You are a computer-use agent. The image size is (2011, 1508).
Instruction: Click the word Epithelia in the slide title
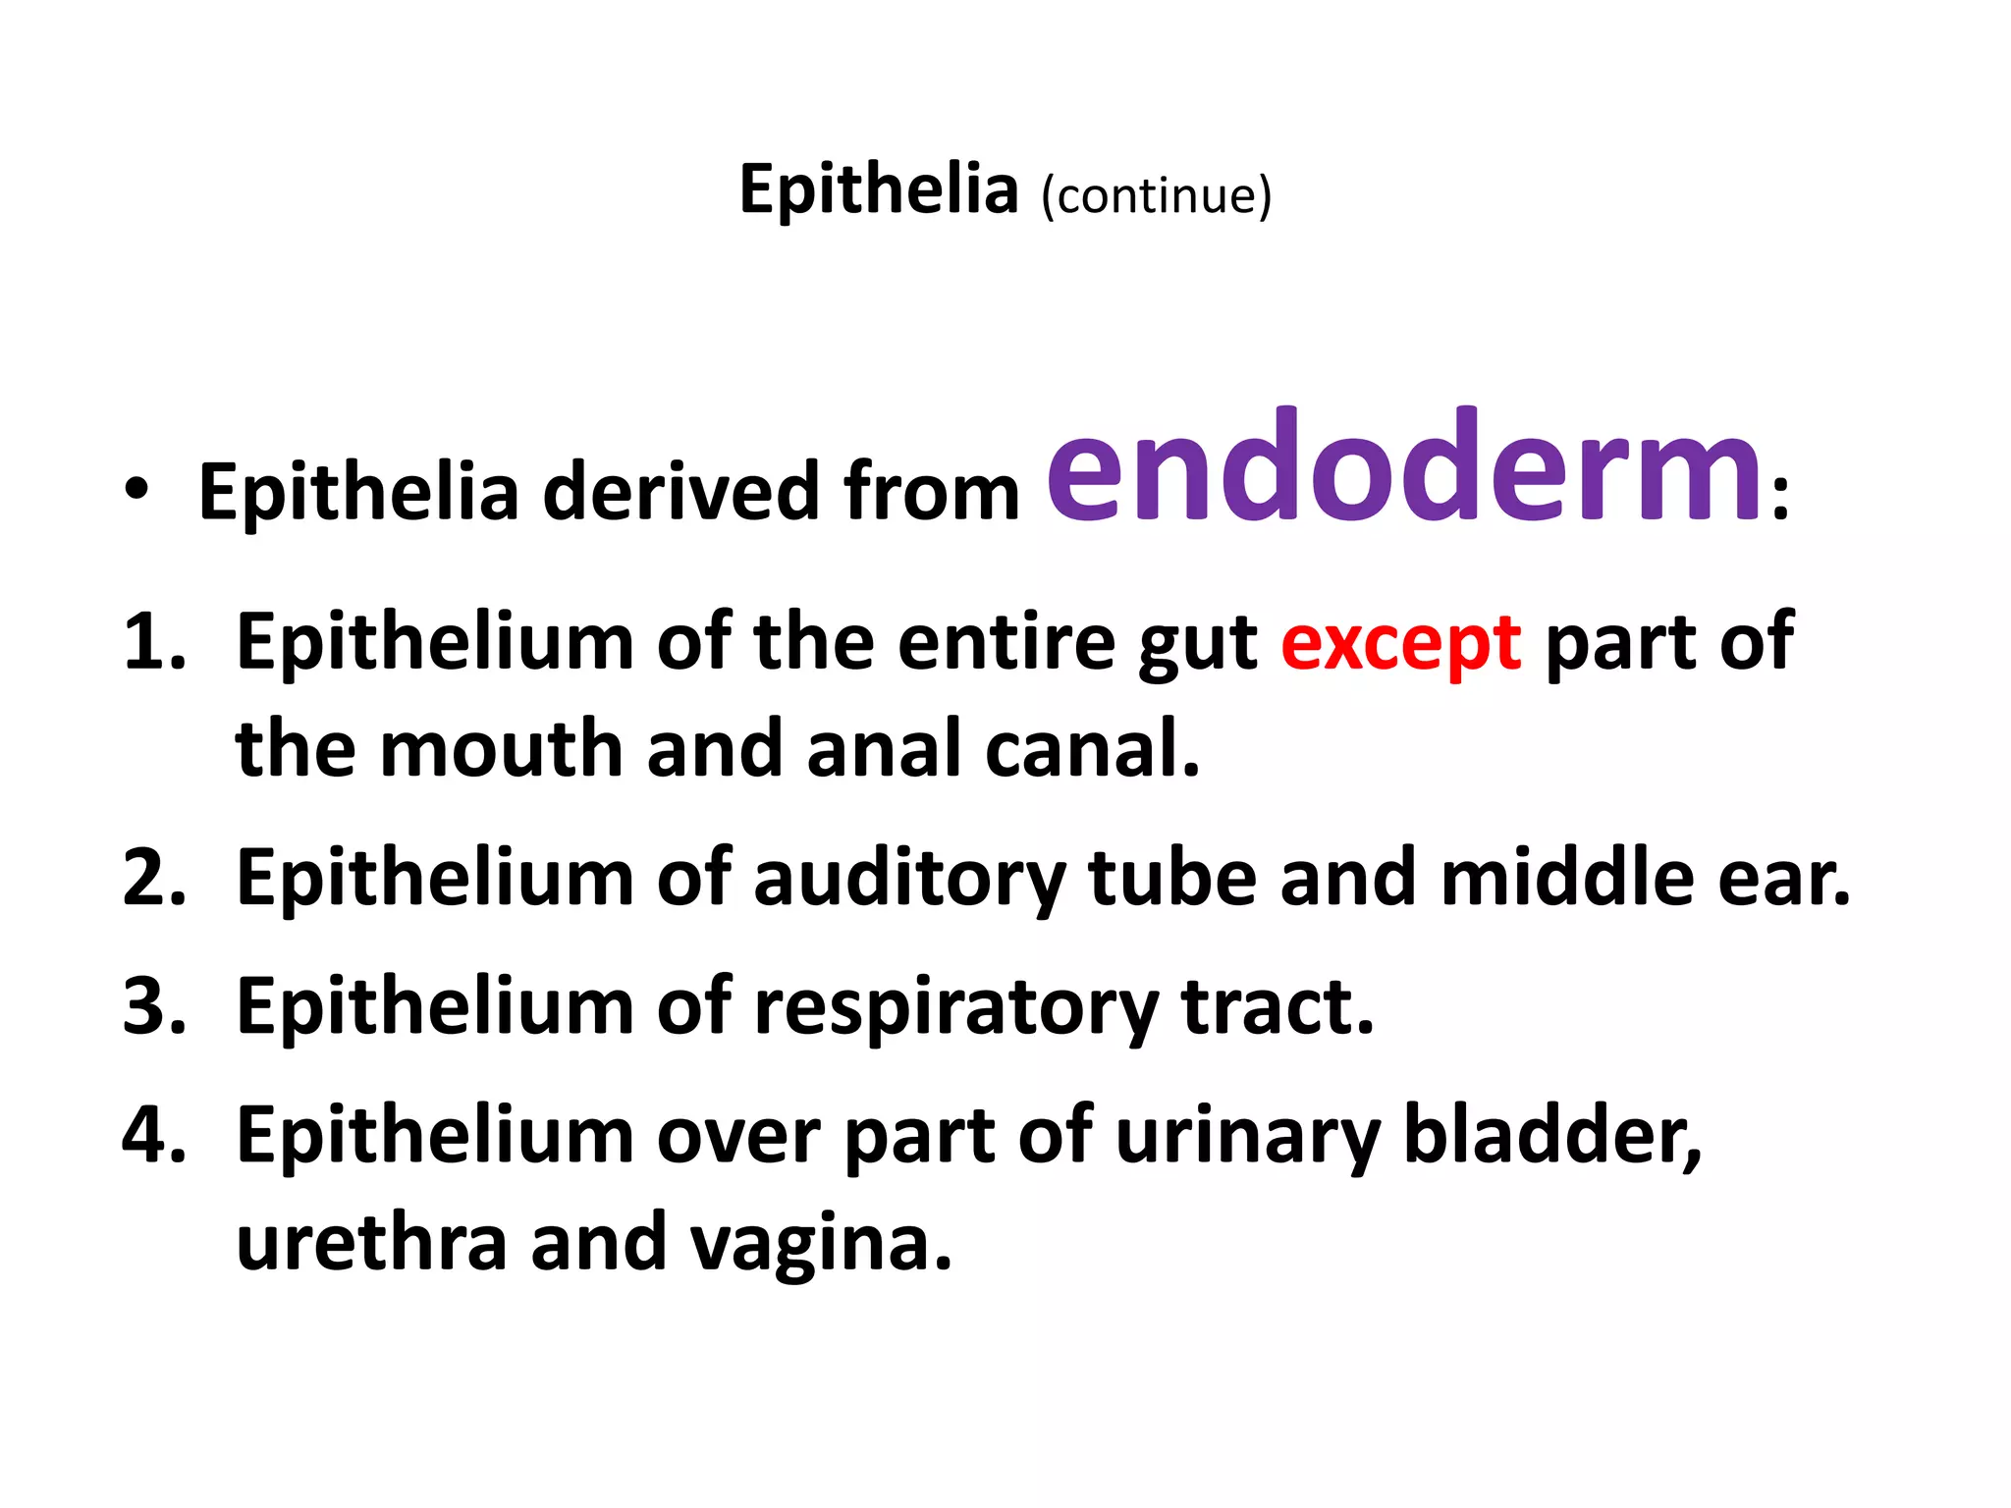coord(878,189)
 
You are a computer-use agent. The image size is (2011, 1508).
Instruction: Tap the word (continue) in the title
coord(1156,194)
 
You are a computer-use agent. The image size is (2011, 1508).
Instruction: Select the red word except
coord(1401,644)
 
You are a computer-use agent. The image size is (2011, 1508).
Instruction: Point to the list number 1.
coord(153,643)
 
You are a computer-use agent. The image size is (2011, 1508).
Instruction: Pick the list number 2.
coord(153,877)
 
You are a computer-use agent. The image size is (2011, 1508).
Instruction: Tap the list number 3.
coord(153,1006)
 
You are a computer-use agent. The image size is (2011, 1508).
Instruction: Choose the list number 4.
coord(153,1135)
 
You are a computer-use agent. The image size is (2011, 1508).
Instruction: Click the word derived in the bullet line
coord(681,491)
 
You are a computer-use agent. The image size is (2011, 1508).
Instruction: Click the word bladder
coord(1551,1135)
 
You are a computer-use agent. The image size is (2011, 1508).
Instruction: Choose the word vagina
coord(820,1244)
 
